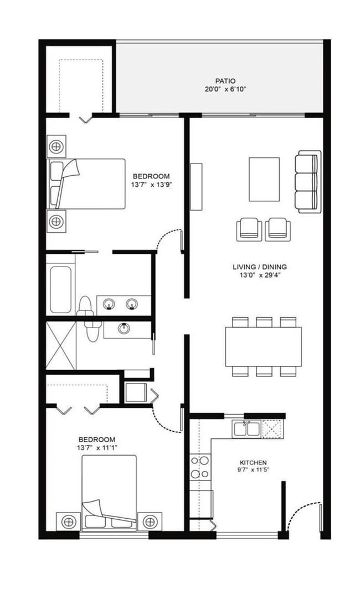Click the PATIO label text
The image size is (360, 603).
tap(225, 80)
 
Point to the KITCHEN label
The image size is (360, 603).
tap(253, 463)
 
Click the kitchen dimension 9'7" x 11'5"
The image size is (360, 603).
tap(253, 471)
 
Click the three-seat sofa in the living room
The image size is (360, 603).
tap(307, 182)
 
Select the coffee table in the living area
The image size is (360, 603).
tap(264, 179)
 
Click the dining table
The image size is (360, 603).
tap(263, 346)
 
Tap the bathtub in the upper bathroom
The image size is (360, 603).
tap(60, 289)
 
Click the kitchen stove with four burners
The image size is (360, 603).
tap(199, 467)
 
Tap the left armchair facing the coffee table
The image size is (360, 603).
tap(249, 229)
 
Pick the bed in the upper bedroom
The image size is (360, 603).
tap(89, 184)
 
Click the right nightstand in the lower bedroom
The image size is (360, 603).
tap(150, 522)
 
